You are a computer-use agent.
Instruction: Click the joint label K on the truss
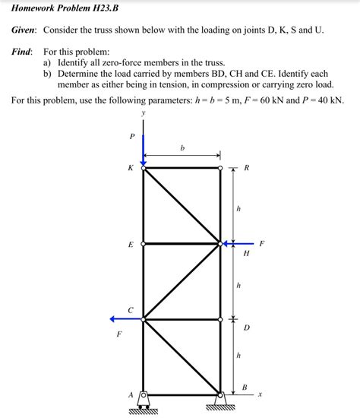click(131, 168)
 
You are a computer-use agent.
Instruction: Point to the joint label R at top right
click(247, 169)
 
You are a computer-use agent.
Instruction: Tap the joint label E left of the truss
click(131, 245)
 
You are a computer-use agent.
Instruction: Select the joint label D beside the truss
click(246, 328)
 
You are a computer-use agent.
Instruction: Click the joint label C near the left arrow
click(131, 310)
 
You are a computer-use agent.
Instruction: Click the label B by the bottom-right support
click(244, 388)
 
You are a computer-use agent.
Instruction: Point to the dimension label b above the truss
click(182, 148)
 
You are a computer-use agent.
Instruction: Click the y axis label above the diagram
click(144, 116)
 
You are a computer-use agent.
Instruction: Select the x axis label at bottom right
click(260, 394)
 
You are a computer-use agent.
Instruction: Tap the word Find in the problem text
click(22, 51)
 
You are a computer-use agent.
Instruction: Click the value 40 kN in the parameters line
click(328, 100)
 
